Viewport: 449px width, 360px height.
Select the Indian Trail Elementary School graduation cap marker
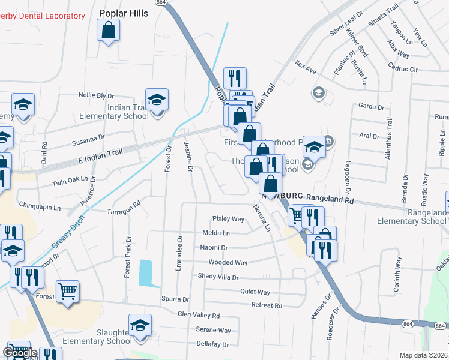pos(157,99)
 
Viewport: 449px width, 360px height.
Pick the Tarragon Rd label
pos(123,212)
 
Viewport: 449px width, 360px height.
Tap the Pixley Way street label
pos(229,219)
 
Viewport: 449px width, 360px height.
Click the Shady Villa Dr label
pos(218,277)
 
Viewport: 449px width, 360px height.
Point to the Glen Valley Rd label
pos(199,314)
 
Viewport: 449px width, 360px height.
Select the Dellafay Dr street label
pos(212,344)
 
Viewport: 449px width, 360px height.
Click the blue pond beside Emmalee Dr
pos(145,273)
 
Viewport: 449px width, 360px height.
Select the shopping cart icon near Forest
pos(68,292)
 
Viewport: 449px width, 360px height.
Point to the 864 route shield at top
pos(161,2)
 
